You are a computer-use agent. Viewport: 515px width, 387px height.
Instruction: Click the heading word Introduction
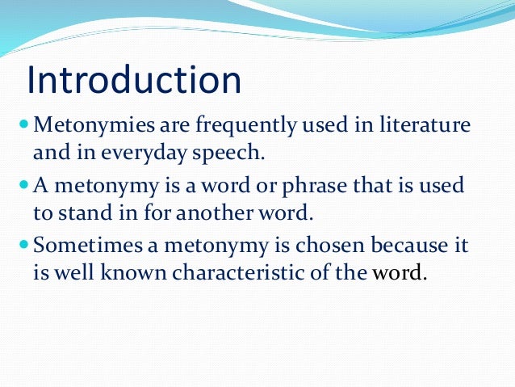click(134, 81)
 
